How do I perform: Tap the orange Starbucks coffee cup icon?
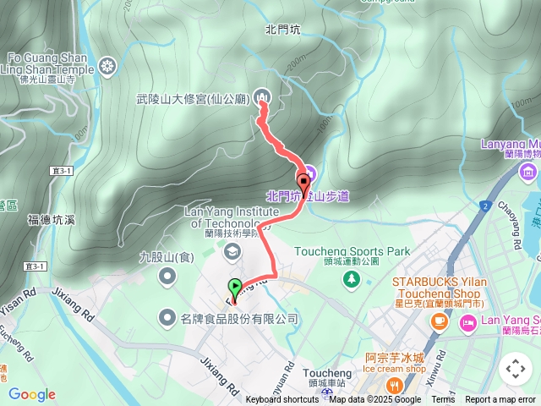439,321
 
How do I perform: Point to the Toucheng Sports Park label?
351,251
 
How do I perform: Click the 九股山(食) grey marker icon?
168,275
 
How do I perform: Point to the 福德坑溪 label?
52,220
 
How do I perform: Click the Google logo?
31,394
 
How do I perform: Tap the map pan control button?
515,369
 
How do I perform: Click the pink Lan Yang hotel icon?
467,321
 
